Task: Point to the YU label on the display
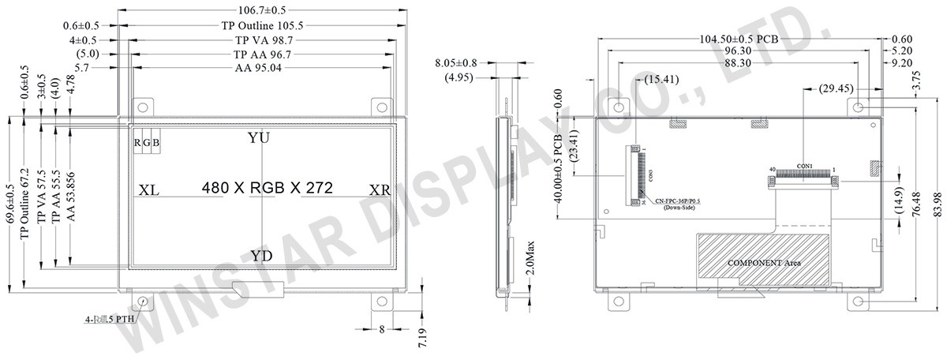(x=258, y=138)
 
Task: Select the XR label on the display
(x=380, y=190)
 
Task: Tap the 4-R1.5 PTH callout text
(x=110, y=320)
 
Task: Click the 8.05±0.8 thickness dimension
(x=459, y=62)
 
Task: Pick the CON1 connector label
(x=804, y=165)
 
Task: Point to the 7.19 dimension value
(x=424, y=337)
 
